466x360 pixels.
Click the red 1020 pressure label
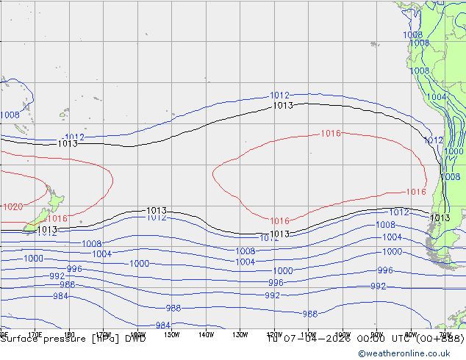[x=12, y=206]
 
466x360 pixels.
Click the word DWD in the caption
[x=135, y=339]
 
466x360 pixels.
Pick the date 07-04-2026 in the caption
[x=310, y=339]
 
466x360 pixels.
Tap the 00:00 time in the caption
[x=358, y=339]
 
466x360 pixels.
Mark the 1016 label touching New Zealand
[x=57, y=218]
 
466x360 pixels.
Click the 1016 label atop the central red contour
[x=331, y=134]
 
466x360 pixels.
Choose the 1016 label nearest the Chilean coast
[x=416, y=192]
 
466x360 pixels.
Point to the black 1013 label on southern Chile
[x=440, y=217]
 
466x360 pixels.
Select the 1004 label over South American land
[x=436, y=97]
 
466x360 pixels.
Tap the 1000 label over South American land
[x=454, y=151]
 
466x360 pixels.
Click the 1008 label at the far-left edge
[x=10, y=115]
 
